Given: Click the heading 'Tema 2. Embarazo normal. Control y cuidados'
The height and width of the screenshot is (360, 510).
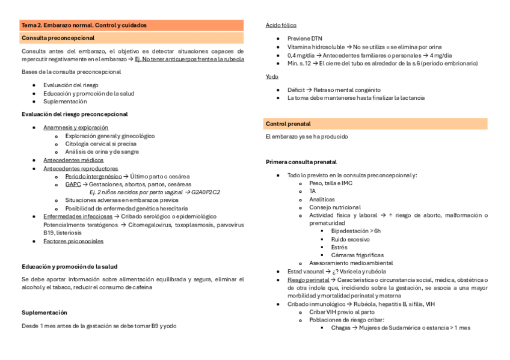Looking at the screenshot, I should pos(84,25).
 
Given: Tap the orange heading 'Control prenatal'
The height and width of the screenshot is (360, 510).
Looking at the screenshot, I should pos(288,124).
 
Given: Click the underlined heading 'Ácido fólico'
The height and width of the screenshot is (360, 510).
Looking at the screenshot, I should pos(281,25).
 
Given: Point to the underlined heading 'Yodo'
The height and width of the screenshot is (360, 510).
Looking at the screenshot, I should pos(272,76).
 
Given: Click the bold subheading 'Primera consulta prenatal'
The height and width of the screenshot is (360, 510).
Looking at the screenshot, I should pos(301,162).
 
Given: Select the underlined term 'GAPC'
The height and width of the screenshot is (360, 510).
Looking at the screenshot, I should pos(73,185).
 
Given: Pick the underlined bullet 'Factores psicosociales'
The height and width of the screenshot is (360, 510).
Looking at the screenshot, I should pos(73,241).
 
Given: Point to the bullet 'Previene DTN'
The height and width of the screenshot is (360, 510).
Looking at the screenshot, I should pos(304,38).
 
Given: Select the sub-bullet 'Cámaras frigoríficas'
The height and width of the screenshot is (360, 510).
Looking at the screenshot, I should pos(357,255).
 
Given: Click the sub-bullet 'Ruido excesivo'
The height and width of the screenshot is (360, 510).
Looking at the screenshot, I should pos(350,239).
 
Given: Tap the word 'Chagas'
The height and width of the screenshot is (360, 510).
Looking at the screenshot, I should pos(341,328).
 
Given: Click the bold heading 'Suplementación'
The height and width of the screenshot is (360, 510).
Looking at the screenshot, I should pos(45,313).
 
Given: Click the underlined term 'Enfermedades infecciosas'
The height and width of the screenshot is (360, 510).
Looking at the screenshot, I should pos(78,216).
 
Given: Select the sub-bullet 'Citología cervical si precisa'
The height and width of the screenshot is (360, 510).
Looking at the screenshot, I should pos(100,144).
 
